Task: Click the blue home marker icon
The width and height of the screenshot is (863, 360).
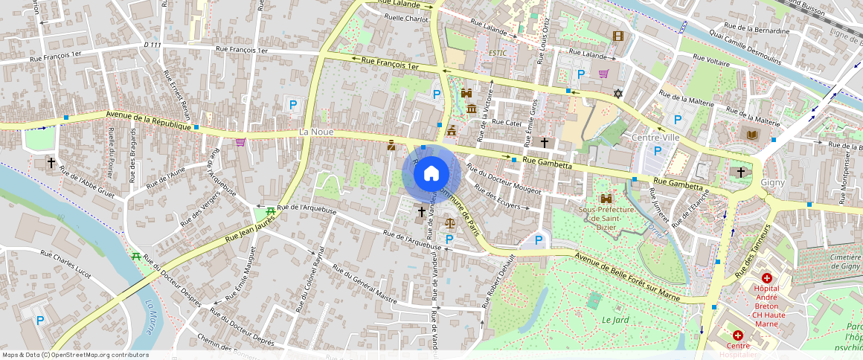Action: point(431,173)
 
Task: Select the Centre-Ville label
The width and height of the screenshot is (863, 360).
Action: point(655,138)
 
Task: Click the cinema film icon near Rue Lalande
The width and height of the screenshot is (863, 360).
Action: point(617,36)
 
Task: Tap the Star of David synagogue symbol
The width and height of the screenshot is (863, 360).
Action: point(617,94)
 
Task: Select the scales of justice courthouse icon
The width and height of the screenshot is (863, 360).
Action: point(449,221)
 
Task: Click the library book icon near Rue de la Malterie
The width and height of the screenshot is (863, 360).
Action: point(748,134)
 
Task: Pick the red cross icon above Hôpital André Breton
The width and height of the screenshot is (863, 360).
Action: point(766,277)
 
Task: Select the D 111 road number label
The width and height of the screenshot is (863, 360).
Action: point(152,45)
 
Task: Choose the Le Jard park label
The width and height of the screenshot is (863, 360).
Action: point(615,320)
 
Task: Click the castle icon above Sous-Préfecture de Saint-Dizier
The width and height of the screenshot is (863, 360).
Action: point(606,199)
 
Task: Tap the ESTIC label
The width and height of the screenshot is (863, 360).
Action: point(497,53)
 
